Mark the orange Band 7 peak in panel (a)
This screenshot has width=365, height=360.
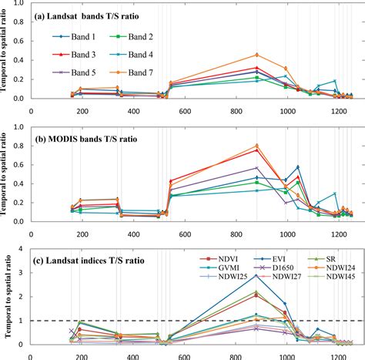pos(256,55)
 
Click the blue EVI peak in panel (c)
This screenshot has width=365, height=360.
pos(256,297)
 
